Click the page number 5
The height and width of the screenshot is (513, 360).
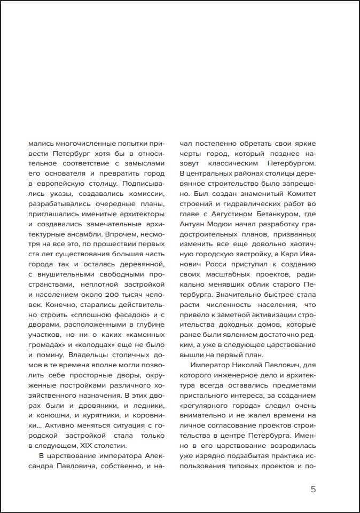tap(313, 489)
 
